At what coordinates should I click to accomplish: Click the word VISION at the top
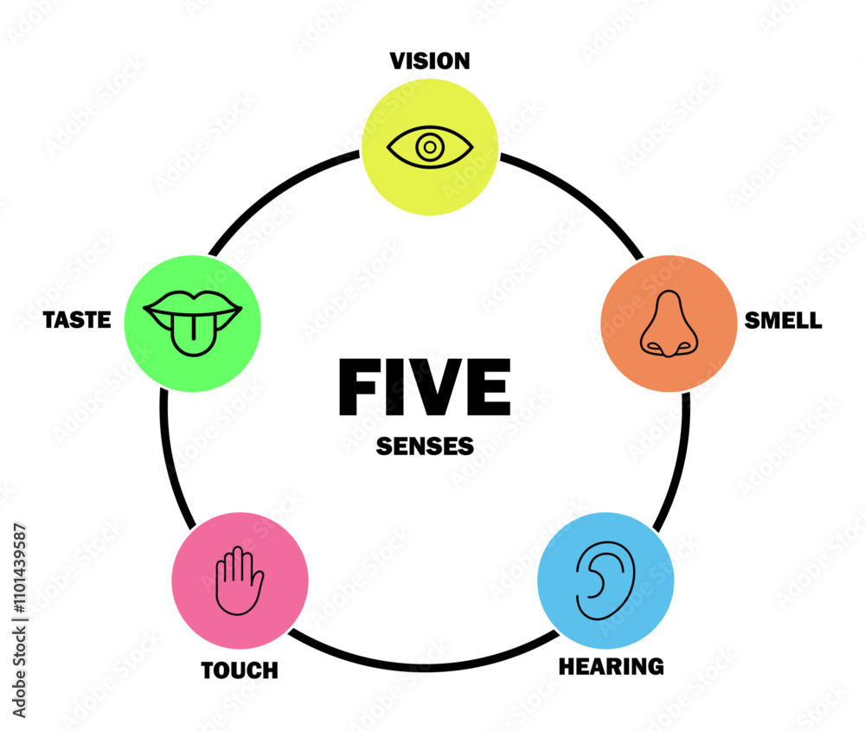coord(429,61)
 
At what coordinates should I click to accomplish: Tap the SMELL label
coord(783,320)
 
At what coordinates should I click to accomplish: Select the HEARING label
coord(611,666)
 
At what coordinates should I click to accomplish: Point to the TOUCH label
coord(240,670)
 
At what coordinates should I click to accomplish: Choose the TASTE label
coord(77,320)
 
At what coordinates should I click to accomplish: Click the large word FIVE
coord(424,388)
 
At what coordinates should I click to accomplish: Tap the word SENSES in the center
coord(425,446)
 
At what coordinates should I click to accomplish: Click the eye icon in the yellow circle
coord(429,148)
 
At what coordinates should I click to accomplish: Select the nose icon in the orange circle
coord(667,324)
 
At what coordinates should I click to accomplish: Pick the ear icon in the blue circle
coord(605,580)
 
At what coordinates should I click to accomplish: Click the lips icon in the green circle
coord(193,323)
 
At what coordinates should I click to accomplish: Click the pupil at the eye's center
coord(429,148)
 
